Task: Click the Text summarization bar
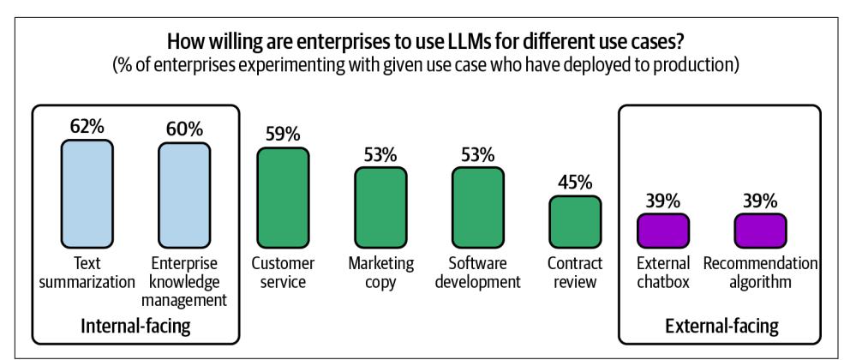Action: [87, 194]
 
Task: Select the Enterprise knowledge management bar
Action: [184, 194]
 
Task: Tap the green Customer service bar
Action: [282, 197]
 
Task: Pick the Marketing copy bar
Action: [380, 207]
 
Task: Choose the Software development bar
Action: [477, 207]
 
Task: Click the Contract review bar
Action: [574, 221]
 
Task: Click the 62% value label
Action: [87, 128]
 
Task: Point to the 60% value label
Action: [184, 129]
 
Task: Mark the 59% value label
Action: [282, 135]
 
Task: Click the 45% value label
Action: [574, 183]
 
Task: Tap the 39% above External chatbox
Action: [662, 201]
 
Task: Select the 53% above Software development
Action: [477, 155]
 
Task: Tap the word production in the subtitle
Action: [694, 66]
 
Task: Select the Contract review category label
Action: [574, 273]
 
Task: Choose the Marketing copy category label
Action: [380, 273]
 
